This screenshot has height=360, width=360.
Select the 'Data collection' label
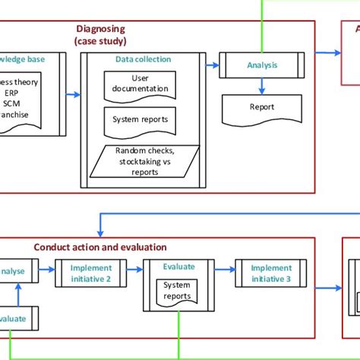[x=143, y=58]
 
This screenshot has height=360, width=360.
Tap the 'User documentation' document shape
[x=138, y=84]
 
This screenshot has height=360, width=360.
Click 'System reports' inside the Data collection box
[x=137, y=119]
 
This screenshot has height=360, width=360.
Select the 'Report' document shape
[x=262, y=108]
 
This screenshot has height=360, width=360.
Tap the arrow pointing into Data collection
[x=72, y=95]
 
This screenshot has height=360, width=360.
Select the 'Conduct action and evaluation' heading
[x=100, y=247]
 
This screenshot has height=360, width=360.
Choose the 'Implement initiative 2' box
[x=91, y=273]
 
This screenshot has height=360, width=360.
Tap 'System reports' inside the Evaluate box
[x=177, y=290]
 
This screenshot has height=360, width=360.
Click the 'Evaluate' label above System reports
[x=178, y=267]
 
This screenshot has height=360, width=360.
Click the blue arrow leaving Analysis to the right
[x=319, y=53]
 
